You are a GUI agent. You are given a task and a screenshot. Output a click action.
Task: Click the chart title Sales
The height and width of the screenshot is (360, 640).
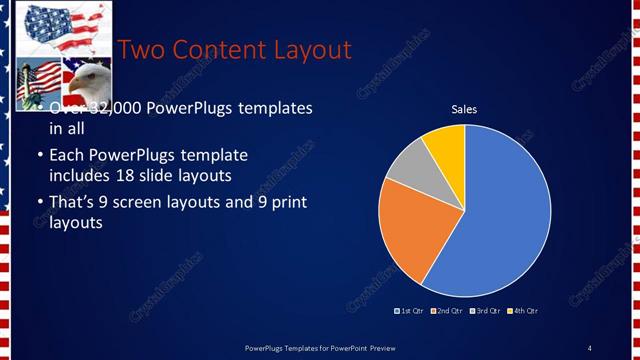coord(464,109)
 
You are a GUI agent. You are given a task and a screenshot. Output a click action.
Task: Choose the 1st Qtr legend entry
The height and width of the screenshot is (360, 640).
coord(409,311)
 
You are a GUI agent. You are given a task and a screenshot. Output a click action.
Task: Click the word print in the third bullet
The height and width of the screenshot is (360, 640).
coord(287,203)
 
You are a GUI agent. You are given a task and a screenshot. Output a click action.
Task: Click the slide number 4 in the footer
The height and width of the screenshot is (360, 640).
coord(589,348)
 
